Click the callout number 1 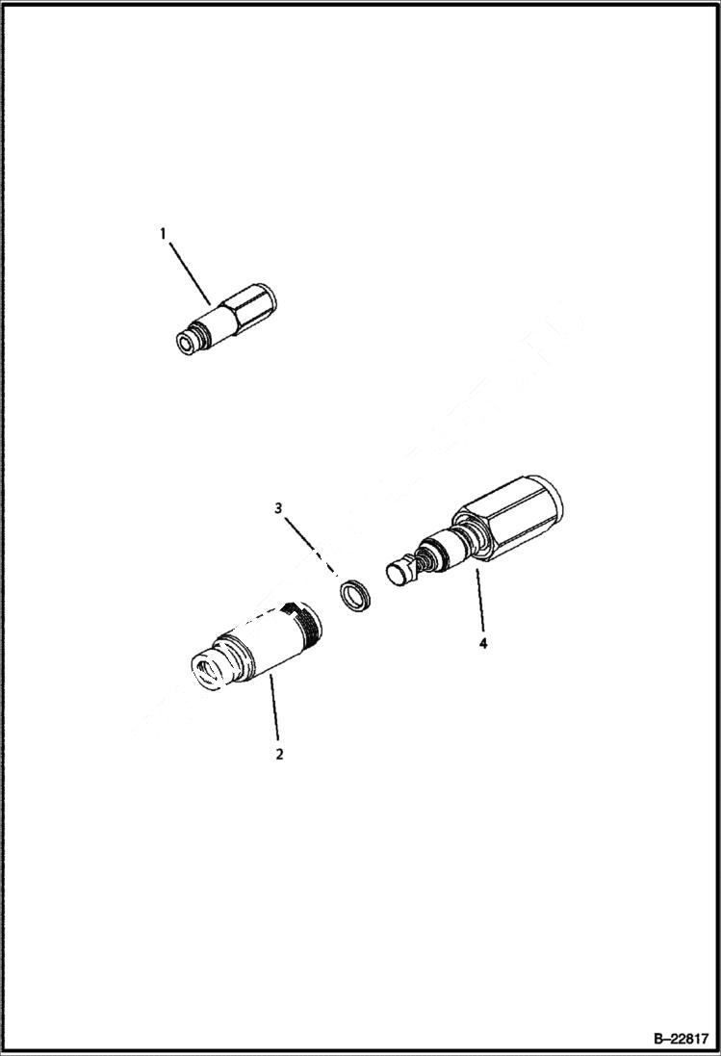[163, 233]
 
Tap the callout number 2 [279, 754]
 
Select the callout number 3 [279, 508]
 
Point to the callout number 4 [483, 642]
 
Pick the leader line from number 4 [478, 603]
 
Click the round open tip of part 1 [184, 345]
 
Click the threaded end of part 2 [306, 621]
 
